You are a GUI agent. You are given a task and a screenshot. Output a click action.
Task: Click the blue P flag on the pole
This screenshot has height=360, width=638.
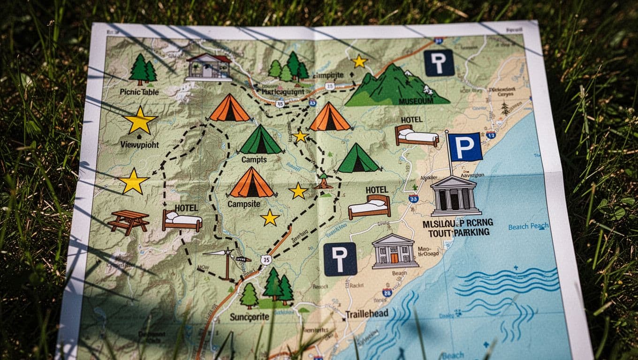tap(465, 147)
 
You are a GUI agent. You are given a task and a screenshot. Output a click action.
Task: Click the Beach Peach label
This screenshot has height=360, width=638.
tap(528, 226)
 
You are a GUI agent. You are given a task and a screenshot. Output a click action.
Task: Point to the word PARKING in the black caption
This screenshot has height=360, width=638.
tap(469, 232)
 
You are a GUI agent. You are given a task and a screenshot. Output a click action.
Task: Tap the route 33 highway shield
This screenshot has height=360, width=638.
tap(413, 198)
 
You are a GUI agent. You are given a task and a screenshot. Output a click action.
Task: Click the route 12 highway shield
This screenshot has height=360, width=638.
tap(491, 135)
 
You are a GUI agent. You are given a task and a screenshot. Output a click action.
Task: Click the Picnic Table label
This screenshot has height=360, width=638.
tap(139, 92)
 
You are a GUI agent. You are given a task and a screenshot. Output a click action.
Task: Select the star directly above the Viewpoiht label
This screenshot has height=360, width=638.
tap(140, 120)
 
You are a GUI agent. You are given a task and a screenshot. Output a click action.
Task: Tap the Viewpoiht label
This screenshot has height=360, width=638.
tap(140, 144)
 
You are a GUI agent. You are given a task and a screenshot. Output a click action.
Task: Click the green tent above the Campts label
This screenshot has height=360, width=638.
tap(261, 140)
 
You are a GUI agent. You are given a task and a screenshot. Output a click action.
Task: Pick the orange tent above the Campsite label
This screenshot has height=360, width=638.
tap(252, 183)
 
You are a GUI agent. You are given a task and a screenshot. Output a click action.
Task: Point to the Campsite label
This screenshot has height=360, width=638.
tap(243, 204)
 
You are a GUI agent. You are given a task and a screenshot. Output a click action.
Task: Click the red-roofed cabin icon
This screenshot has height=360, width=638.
tap(209, 67)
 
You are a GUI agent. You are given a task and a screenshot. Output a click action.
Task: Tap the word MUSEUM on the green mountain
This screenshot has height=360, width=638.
tap(416, 101)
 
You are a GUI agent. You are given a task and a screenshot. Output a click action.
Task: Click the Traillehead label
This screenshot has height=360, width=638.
tap(367, 314)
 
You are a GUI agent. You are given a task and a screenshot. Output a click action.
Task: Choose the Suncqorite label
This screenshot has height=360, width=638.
tap(250, 317)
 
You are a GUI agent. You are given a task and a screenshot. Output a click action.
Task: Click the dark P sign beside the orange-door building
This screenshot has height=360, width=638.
tap(340, 259)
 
